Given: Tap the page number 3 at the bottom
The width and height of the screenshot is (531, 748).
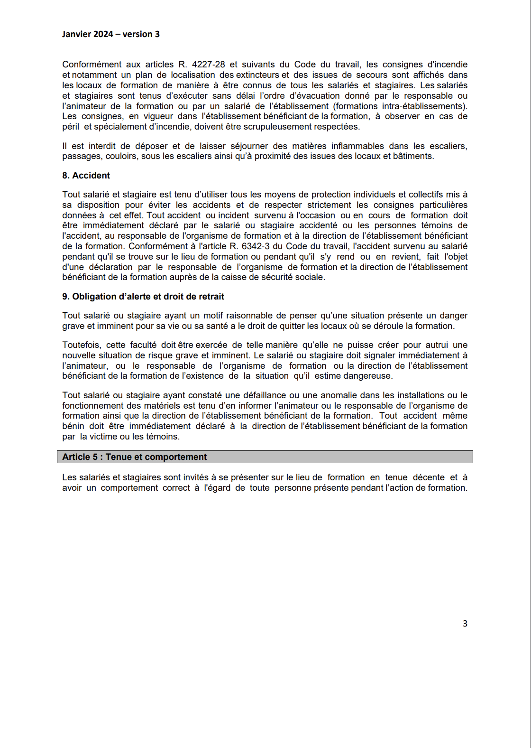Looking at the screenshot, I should [465, 624].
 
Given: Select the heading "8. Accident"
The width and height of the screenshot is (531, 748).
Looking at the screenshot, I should [86, 176].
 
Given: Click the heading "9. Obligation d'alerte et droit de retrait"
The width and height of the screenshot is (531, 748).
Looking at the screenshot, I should [143, 297].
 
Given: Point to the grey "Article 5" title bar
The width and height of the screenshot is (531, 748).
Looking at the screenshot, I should [265, 457].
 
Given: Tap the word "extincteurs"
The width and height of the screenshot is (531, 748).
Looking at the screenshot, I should [257, 75].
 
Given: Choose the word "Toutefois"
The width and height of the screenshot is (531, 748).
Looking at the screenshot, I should [81, 345].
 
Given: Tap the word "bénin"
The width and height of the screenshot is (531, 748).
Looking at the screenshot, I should [73, 426].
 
